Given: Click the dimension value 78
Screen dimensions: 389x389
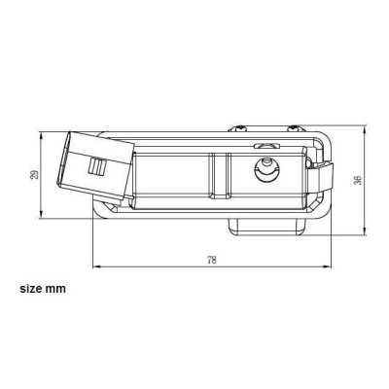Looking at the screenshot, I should coord(211,258).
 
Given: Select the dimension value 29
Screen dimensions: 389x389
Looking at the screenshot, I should coord(36,174).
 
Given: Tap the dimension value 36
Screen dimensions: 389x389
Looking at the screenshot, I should coord(358,180).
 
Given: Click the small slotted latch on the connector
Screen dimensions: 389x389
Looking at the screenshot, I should coord(96,166).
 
